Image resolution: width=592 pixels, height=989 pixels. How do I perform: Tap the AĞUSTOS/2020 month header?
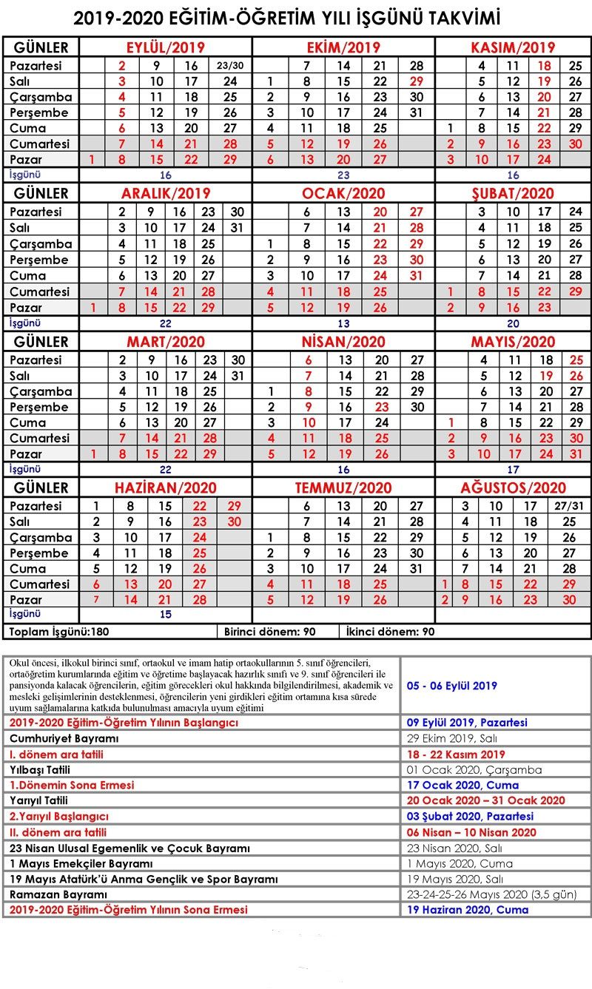(x=513, y=487)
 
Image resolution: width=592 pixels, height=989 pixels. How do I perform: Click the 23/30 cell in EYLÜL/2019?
(x=230, y=66)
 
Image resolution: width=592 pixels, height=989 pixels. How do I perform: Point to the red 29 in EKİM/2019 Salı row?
(x=417, y=81)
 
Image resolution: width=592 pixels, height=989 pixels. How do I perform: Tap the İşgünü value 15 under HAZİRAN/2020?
(x=165, y=615)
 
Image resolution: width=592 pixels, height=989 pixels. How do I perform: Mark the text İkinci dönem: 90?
(x=390, y=632)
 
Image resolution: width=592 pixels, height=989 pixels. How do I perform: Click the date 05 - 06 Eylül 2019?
(x=452, y=686)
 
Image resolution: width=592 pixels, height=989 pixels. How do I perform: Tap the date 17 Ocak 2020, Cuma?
(x=462, y=785)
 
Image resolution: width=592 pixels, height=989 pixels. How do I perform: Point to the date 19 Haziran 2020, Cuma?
(x=468, y=910)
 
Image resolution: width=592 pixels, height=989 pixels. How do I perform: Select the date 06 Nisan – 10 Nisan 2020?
(x=471, y=832)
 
